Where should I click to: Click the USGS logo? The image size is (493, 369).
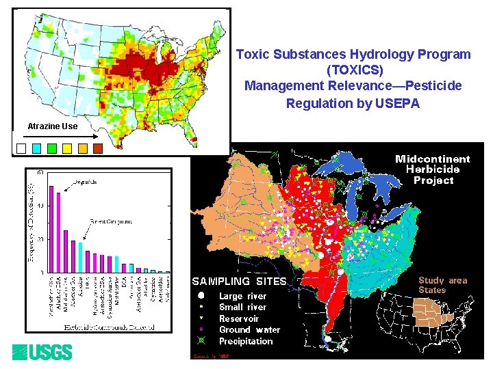point(42,353)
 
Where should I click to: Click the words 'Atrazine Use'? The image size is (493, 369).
point(53,126)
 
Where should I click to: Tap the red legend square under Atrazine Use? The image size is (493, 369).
point(97,148)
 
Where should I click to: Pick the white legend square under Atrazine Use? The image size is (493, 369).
point(21,148)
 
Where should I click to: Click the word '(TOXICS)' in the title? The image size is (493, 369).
point(353,70)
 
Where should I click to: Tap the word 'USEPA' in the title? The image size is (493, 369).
point(397,104)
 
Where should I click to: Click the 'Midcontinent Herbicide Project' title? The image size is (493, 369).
point(433,169)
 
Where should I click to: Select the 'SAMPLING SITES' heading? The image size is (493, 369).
point(239,281)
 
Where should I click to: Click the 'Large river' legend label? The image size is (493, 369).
point(242,297)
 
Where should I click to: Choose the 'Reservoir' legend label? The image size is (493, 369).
point(239,318)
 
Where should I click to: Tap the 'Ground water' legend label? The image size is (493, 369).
point(249,329)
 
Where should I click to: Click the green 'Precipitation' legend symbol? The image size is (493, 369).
point(202,341)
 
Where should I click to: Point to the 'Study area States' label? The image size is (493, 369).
point(442,285)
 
